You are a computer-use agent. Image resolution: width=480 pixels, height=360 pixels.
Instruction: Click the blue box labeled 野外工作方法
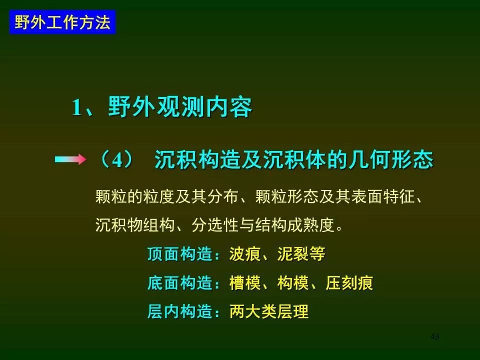tap(62, 22)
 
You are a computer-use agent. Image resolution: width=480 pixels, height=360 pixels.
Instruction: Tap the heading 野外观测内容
tap(180, 107)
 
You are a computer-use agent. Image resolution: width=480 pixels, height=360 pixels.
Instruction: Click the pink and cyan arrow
tap(70, 159)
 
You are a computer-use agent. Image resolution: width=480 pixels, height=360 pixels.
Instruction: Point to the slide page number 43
tap(434, 336)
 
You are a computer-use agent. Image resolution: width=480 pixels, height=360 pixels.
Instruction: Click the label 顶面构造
tap(180, 254)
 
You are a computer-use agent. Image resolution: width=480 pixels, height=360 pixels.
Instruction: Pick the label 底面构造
tap(180, 282)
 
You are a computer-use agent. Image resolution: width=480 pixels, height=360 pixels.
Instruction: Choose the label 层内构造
tap(180, 311)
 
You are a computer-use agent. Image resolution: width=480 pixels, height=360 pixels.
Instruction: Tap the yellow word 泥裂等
tap(301, 254)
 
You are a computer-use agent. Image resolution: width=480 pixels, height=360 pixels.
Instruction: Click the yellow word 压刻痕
tap(349, 282)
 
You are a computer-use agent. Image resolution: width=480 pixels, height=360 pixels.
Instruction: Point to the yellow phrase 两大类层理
tap(269, 311)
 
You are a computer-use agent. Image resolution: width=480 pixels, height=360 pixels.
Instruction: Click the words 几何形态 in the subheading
tap(390, 159)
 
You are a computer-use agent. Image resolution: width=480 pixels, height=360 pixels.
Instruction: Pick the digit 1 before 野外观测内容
tap(76, 108)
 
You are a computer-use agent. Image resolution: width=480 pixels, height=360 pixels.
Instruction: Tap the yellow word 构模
tap(293, 282)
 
